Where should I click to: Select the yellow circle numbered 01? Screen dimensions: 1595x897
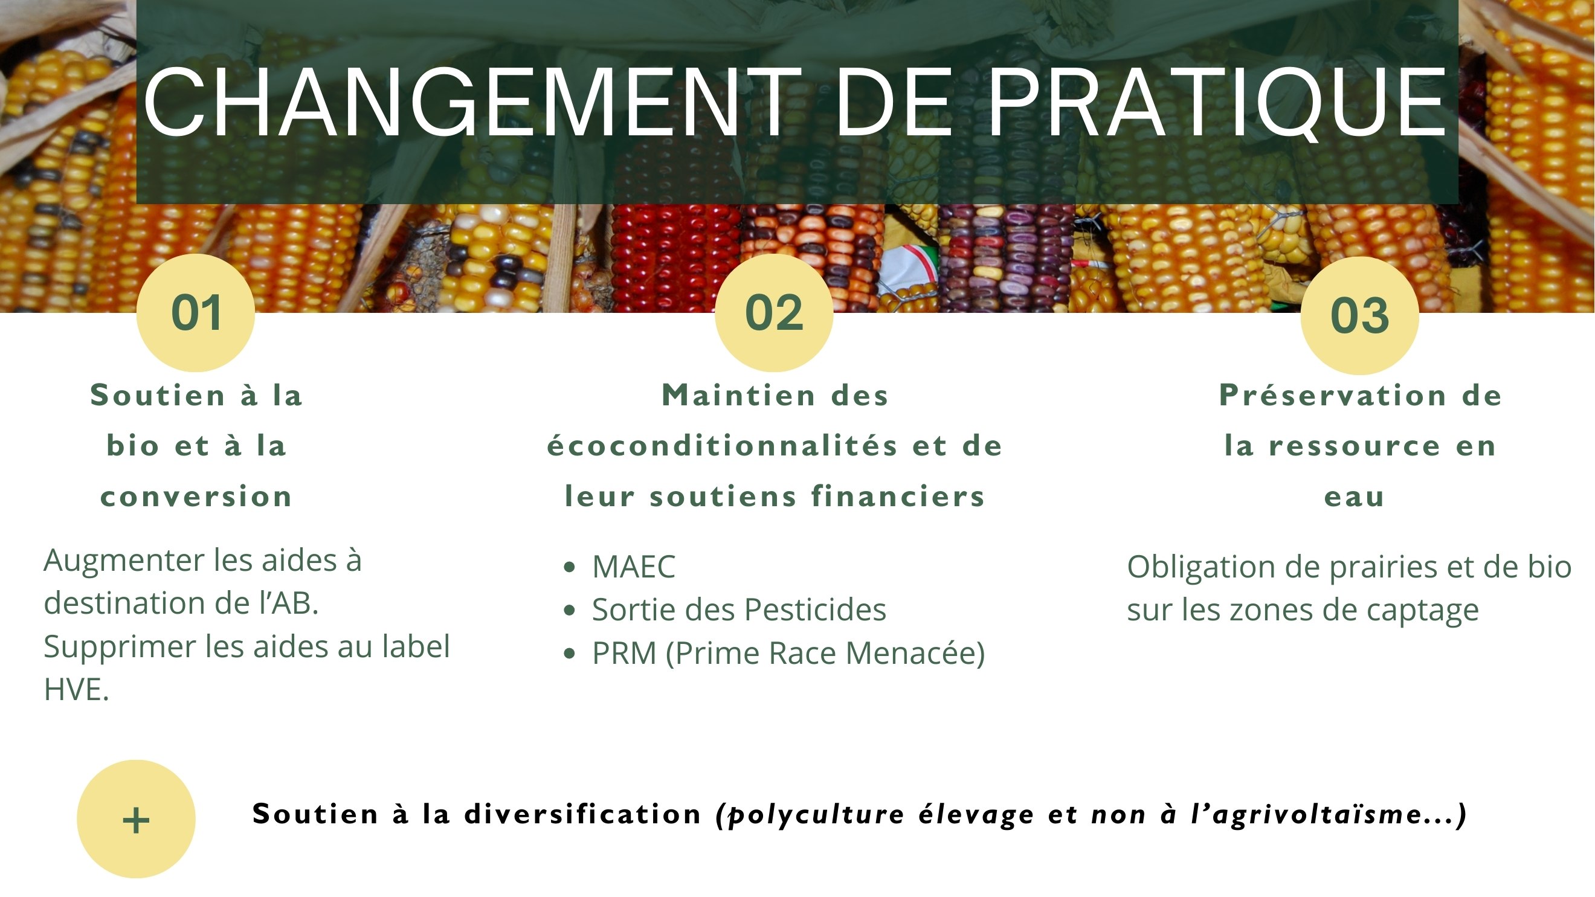[196, 313]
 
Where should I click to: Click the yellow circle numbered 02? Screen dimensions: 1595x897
[774, 313]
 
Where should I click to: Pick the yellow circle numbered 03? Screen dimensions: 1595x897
[1360, 315]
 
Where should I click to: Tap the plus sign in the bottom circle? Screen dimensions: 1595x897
[136, 821]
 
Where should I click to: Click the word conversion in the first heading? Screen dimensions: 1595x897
[196, 497]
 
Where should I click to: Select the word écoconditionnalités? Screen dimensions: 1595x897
[722, 445]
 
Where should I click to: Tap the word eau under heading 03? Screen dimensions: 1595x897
[1354, 497]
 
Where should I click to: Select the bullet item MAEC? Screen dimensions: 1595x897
[633, 567]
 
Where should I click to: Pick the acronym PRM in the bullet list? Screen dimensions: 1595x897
[624, 652]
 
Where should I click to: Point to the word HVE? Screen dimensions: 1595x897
[76, 689]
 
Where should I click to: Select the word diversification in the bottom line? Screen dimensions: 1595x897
[582, 814]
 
